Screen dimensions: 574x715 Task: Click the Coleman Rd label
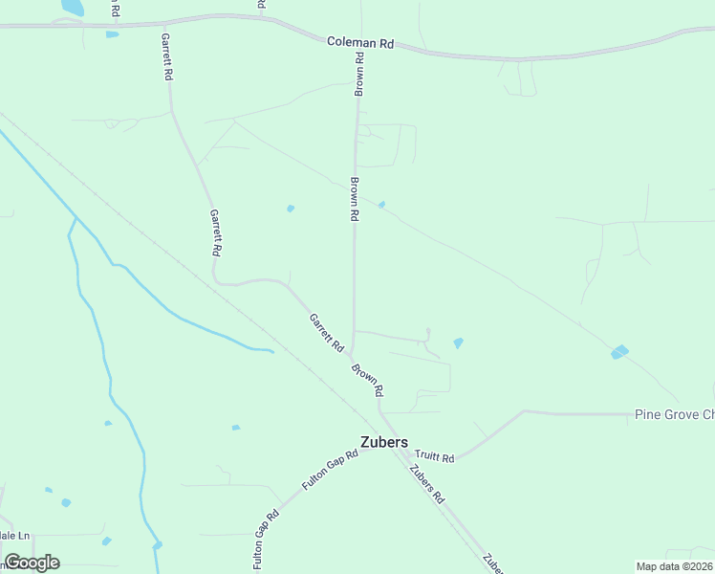(x=360, y=43)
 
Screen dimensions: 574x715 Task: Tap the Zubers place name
(x=384, y=442)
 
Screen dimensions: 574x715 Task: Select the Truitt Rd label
(x=434, y=457)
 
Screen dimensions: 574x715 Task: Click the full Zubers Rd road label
(x=426, y=484)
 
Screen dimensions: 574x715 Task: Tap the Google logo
(x=32, y=563)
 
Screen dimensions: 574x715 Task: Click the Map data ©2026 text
(x=674, y=566)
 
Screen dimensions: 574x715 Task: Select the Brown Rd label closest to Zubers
(x=366, y=380)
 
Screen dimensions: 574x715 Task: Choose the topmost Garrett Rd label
(x=167, y=58)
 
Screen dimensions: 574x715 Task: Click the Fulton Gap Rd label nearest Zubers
(x=330, y=470)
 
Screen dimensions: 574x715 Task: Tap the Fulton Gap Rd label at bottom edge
(x=266, y=541)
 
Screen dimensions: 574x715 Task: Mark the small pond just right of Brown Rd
(x=381, y=205)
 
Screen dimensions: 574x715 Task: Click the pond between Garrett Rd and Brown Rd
(x=291, y=209)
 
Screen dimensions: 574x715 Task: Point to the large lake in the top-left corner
(x=72, y=7)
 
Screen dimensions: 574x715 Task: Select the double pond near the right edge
(x=620, y=352)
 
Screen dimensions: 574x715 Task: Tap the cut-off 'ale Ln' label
(x=15, y=536)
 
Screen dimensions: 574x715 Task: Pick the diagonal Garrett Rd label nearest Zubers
(x=326, y=332)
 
